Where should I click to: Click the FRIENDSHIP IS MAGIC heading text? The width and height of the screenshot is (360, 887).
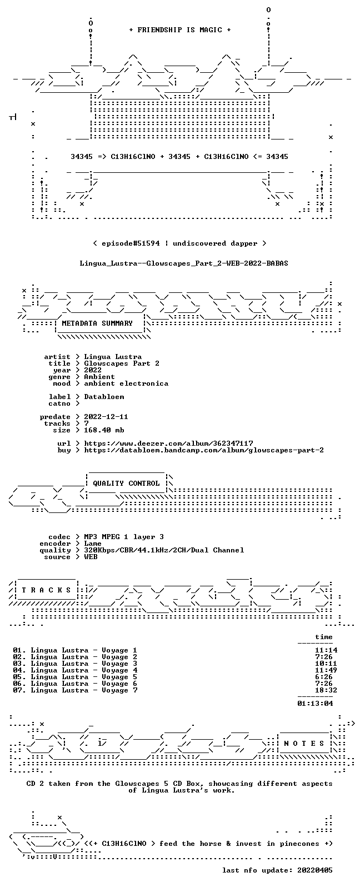[180, 30]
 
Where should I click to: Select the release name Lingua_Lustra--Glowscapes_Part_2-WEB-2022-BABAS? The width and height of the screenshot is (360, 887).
[184, 263]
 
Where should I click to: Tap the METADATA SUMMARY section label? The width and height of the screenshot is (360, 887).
[97, 323]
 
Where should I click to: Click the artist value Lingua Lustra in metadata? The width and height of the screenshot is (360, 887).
[113, 357]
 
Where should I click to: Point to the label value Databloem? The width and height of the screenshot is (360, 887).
[104, 397]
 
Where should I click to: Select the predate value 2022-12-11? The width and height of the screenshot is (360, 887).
[106, 417]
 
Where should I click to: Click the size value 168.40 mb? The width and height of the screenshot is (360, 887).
[104, 430]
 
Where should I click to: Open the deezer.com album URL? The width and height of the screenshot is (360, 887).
[169, 443]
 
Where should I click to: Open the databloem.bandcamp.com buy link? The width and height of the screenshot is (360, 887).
[204, 450]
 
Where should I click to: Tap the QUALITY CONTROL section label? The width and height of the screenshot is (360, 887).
[126, 484]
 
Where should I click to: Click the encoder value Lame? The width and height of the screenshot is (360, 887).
[93, 544]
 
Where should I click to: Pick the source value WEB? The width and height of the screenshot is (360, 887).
[91, 557]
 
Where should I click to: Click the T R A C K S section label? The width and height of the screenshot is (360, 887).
[46, 590]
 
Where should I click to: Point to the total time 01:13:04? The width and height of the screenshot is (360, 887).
[315, 704]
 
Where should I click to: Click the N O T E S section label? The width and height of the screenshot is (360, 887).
[304, 744]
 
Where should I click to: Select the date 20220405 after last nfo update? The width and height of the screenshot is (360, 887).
[315, 870]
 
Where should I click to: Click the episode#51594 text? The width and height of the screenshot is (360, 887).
[131, 243]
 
